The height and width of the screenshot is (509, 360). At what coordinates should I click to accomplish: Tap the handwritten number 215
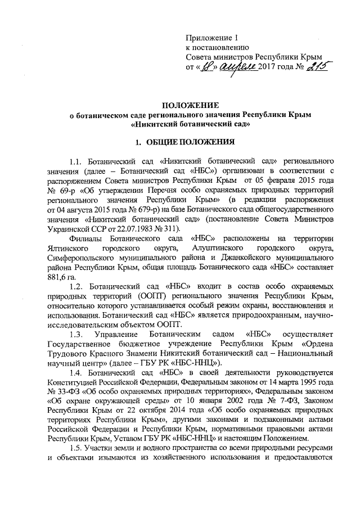[x=316, y=67]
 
